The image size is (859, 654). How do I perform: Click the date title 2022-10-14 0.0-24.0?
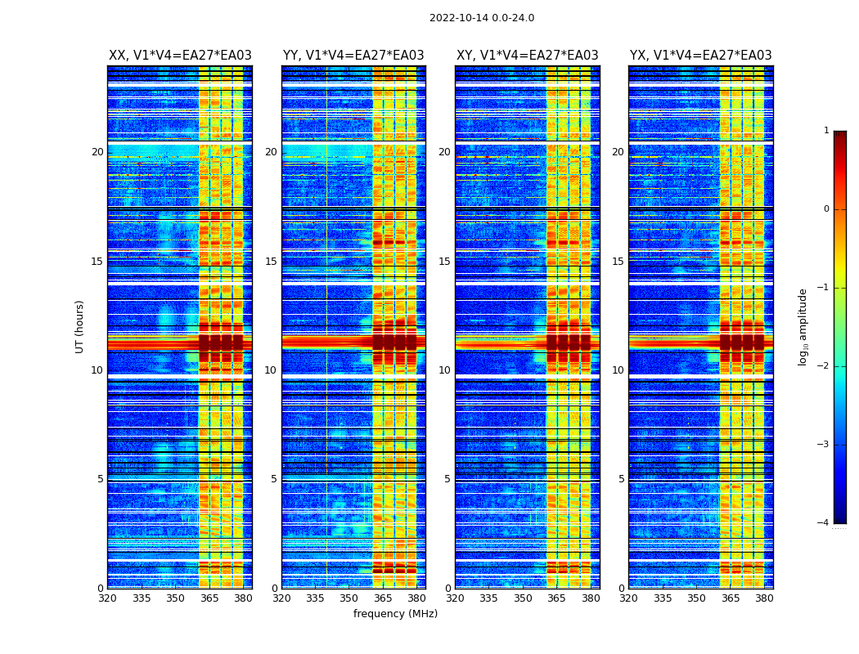(481, 18)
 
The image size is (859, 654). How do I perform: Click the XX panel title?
(180, 56)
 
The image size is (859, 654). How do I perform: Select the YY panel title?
(353, 56)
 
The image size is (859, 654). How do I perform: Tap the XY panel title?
(527, 56)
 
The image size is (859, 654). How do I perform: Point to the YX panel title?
(700, 56)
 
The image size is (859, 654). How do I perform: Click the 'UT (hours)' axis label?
(79, 326)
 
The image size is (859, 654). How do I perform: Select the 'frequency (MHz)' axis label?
(395, 614)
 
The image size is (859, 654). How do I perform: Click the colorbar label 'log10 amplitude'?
(803, 326)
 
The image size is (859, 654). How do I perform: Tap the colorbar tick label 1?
(825, 131)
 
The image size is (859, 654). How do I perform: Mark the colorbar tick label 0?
(825, 209)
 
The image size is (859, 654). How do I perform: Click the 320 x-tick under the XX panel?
(107, 598)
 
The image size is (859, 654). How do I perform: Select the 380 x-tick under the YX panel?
(764, 598)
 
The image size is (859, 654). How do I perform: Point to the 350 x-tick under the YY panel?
(349, 598)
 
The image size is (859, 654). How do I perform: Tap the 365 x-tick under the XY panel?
(556, 598)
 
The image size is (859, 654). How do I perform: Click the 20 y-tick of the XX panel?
(97, 152)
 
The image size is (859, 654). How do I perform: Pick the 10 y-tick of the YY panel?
(271, 370)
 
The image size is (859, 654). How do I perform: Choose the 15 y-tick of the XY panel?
(444, 262)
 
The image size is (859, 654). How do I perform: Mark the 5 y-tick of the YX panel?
(621, 479)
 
